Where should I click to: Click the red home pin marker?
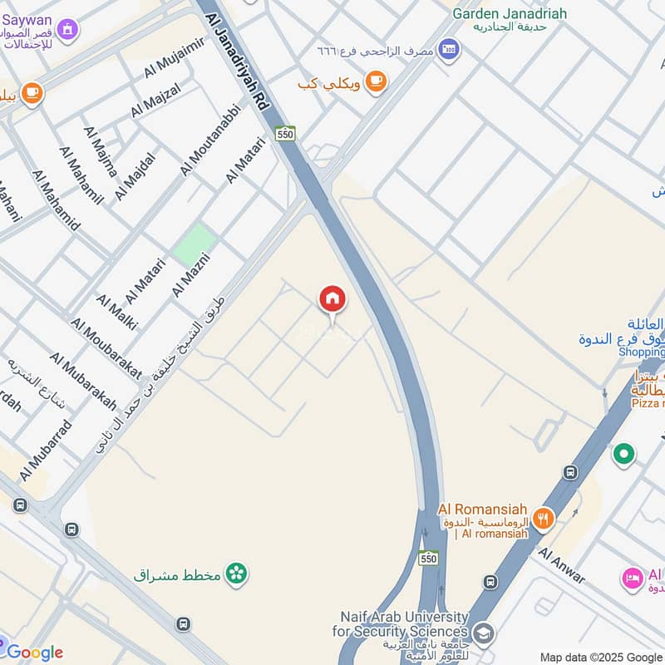pyautogui.click(x=332, y=299)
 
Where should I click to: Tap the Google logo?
pyautogui.click(x=35, y=652)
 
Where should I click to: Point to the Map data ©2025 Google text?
pyautogui.click(x=602, y=657)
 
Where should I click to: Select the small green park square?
pyautogui.click(x=195, y=243)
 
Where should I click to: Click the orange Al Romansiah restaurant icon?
pyautogui.click(x=542, y=519)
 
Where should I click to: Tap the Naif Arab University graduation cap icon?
pyautogui.click(x=483, y=633)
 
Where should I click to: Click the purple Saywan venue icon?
pyautogui.click(x=67, y=30)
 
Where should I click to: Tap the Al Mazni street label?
pyautogui.click(x=190, y=274)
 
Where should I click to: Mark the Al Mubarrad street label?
pyautogui.click(x=46, y=450)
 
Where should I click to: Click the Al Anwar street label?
pyautogui.click(x=562, y=565)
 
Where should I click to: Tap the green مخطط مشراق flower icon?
pyautogui.click(x=237, y=574)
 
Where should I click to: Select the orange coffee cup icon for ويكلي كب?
pyautogui.click(x=377, y=81)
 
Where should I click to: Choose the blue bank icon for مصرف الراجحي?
pyautogui.click(x=449, y=50)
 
